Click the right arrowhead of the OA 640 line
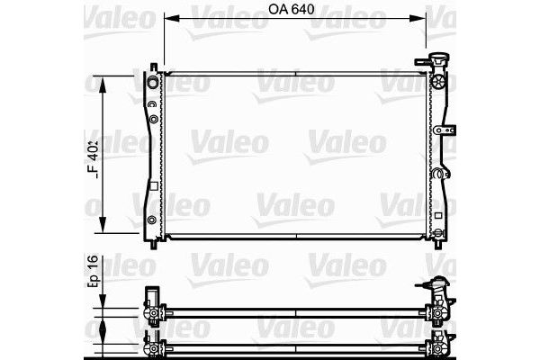tap(420, 19)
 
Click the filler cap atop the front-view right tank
tap(440, 63)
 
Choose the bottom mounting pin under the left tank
tap(158, 243)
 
